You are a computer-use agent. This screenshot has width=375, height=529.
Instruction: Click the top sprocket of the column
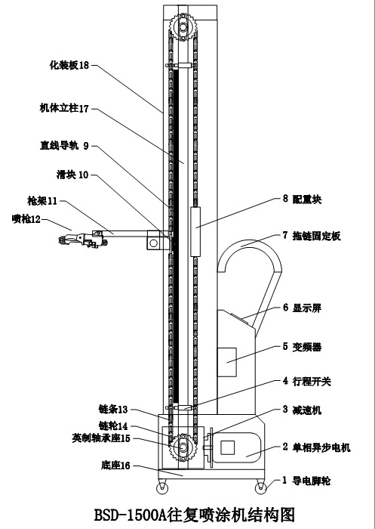(183, 26)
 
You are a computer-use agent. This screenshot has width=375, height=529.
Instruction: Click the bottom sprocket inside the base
(183, 447)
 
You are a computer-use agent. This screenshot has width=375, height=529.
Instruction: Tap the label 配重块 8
(303, 199)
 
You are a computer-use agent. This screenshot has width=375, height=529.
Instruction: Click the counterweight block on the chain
(195, 232)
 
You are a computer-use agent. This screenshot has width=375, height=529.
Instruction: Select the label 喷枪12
(26, 219)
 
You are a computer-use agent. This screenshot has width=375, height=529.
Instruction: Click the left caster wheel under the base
(162, 488)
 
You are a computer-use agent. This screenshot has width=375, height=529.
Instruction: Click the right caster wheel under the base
(260, 488)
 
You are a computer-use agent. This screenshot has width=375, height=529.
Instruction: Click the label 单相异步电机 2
(317, 447)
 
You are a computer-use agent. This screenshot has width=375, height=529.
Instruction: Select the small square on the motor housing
(227, 447)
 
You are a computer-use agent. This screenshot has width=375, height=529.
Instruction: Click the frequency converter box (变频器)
(226, 362)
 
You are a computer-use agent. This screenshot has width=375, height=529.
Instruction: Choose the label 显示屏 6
(303, 308)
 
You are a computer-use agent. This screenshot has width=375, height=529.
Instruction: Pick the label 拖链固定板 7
(312, 236)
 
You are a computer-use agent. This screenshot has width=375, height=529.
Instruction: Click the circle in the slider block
(153, 243)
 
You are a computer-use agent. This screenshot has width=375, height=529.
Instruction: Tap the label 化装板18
(69, 65)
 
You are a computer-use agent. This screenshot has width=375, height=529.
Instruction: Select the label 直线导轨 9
(64, 146)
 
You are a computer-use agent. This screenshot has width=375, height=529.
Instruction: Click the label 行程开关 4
(307, 381)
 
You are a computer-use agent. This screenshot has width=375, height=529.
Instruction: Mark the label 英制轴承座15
(101, 438)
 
